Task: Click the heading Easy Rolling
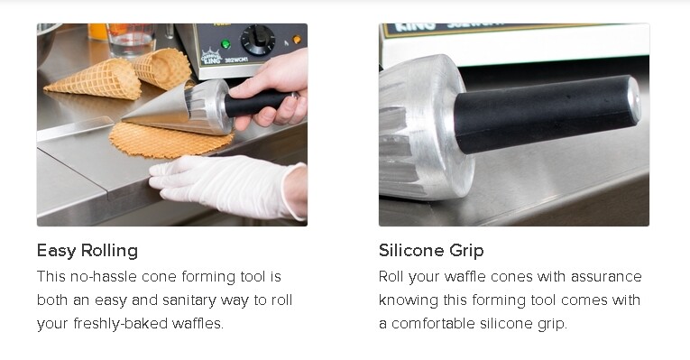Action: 87,250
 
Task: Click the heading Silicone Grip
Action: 431,250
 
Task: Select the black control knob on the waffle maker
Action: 258,41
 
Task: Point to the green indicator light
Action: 225,43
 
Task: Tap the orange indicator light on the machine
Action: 297,40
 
